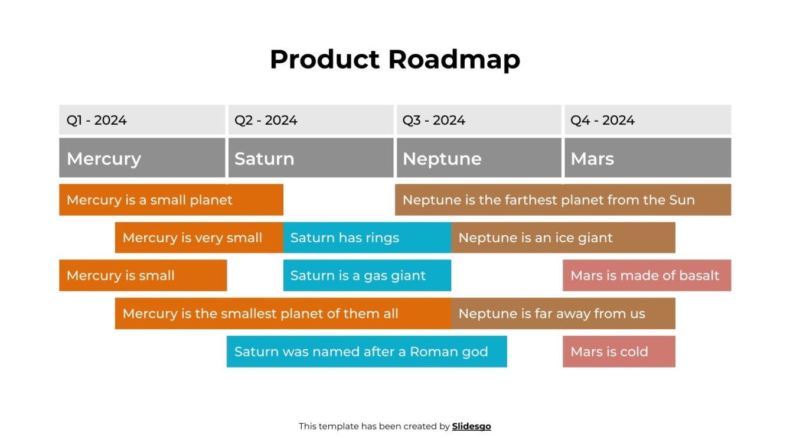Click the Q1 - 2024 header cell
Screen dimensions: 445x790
pos(142,120)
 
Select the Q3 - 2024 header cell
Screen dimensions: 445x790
pos(478,120)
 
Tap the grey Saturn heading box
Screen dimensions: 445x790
pos(311,158)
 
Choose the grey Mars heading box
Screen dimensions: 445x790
pos(647,158)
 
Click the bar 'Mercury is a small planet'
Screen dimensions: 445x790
pos(171,200)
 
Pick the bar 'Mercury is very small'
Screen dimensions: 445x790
pos(198,238)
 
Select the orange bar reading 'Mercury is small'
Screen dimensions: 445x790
pos(142,275)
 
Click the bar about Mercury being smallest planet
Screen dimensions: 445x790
pos(282,313)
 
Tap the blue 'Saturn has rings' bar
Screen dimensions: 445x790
pos(367,238)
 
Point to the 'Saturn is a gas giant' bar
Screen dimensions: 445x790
pos(367,275)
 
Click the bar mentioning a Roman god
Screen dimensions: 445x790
pos(366,352)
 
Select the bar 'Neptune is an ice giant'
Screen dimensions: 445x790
pos(563,238)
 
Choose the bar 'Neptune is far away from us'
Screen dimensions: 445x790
pos(563,313)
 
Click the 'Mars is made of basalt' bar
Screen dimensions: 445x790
pos(647,275)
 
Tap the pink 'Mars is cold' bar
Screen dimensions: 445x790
pos(618,352)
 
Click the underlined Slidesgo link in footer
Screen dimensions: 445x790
pos(471,426)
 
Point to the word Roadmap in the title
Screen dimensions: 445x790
pos(454,60)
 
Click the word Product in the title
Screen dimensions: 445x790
pos(325,60)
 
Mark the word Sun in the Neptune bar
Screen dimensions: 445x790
pos(682,200)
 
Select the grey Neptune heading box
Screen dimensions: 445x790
pos(478,158)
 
